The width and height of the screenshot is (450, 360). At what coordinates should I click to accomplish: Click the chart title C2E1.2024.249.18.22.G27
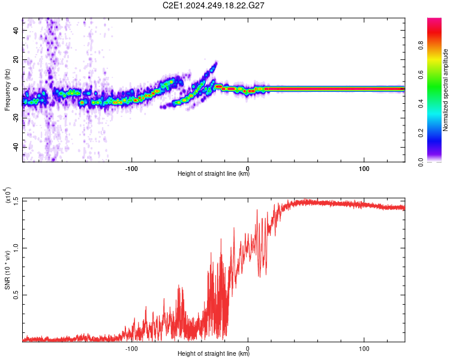[213, 5]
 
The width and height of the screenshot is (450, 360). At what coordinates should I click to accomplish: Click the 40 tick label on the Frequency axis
[16, 31]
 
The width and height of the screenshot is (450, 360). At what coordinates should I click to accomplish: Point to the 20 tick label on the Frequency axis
[16, 60]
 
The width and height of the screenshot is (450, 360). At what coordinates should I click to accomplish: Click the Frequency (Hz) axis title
[7, 90]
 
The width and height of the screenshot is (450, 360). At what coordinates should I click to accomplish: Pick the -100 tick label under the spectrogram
[131, 169]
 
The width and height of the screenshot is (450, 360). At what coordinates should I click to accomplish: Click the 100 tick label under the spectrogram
[364, 169]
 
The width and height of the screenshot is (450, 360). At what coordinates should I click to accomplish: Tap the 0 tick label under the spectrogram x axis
[248, 169]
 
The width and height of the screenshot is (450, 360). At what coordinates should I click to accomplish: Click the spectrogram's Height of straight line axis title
[214, 173]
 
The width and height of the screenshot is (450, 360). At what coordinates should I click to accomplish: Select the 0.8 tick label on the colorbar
[421, 46]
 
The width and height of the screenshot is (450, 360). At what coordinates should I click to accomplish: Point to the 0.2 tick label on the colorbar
[421, 133]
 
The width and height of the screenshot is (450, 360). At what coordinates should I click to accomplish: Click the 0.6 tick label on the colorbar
[421, 74]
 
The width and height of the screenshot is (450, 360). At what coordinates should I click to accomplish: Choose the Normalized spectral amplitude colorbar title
[445, 90]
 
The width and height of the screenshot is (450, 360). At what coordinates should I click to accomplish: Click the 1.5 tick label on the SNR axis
[16, 200]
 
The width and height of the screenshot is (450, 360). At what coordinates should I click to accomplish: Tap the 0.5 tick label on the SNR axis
[16, 295]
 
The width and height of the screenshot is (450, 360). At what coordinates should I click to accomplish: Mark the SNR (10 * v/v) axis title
[7, 270]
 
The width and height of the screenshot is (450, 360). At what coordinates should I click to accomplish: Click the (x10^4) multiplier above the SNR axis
[8, 195]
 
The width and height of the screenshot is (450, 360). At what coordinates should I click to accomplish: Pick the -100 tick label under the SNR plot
[131, 349]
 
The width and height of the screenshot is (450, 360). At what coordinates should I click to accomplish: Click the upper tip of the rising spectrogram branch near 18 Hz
[217, 62]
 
